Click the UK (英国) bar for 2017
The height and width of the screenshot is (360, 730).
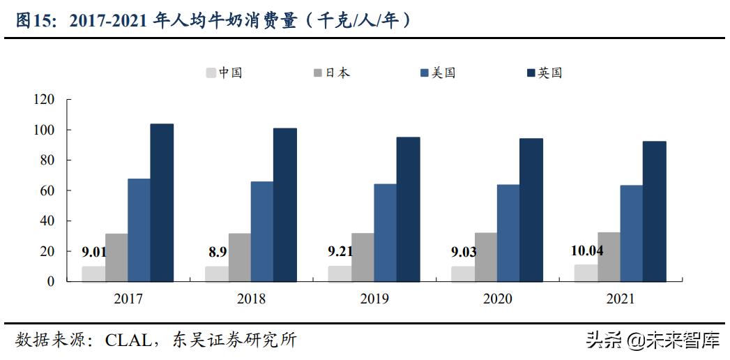point(162,202)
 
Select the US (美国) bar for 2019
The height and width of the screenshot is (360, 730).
point(386,232)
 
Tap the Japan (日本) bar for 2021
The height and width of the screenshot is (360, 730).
point(609,257)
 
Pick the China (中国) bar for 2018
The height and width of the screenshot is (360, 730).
point(216,273)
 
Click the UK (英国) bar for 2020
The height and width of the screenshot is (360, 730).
point(531,209)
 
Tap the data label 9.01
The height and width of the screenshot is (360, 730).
point(95,252)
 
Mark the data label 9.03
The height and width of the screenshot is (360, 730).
point(464,252)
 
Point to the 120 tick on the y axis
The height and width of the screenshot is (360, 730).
point(43,100)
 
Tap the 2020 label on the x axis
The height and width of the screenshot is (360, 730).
point(496,299)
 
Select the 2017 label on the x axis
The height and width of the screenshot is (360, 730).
point(127,299)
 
